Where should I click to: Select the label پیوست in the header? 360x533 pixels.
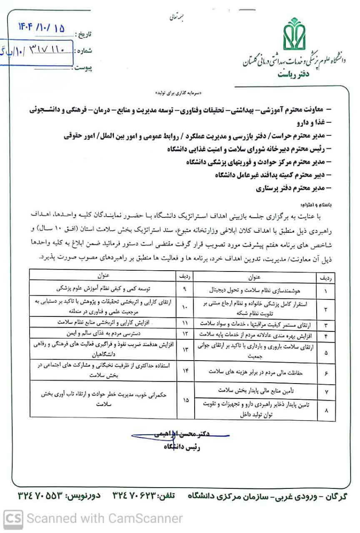(x=83, y=67)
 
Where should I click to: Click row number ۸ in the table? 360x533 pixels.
(x=326, y=410)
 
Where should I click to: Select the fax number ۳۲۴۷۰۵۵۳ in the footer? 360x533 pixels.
(x=41, y=496)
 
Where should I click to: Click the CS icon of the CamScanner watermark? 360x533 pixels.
(x=13, y=518)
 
